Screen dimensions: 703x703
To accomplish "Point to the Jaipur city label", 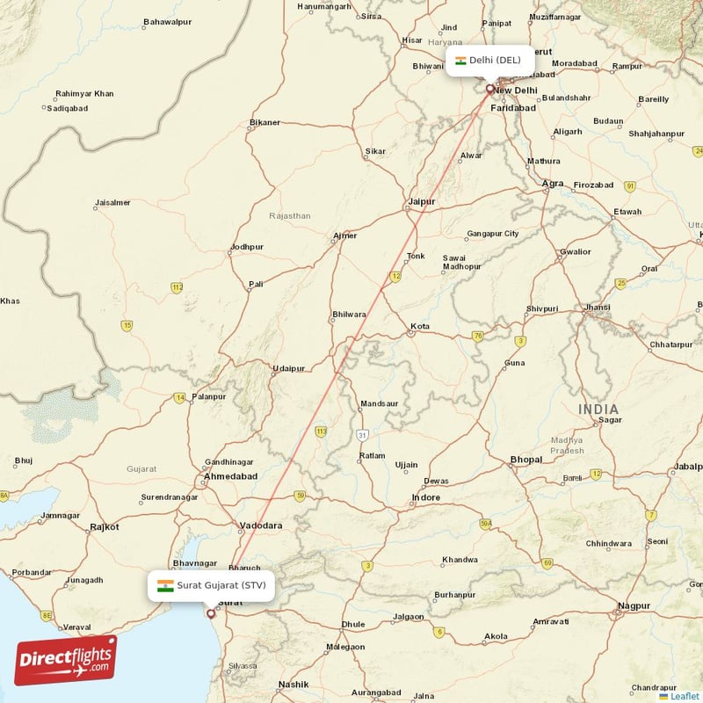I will click(422, 201).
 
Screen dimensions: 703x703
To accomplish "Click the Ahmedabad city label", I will click(230, 476).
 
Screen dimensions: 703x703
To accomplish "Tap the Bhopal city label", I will click(526, 460).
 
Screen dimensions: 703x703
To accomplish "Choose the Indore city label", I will click(426, 498).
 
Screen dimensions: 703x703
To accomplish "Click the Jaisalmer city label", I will click(112, 203).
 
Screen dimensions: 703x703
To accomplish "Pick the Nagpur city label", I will click(634, 606).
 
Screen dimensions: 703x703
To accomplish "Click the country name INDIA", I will click(598, 409).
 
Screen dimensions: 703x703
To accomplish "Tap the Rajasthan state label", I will click(290, 215).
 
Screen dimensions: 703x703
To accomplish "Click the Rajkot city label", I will click(104, 527).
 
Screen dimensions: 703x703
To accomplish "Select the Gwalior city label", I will click(576, 251).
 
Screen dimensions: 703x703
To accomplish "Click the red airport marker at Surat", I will click(210, 613).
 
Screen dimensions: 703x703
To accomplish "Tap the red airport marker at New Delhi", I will click(490, 88).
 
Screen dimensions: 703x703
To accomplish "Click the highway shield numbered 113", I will click(321, 431).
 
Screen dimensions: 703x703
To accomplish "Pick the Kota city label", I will click(421, 327).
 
